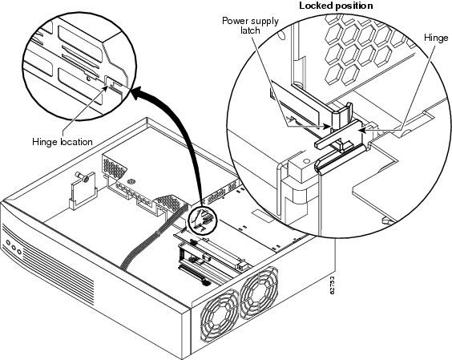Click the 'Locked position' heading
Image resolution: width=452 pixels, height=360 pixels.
(x=336, y=6)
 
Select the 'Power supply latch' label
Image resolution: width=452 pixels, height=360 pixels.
(x=250, y=26)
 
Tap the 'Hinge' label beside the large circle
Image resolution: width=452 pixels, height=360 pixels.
(x=436, y=38)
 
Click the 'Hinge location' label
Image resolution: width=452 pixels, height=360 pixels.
(x=63, y=142)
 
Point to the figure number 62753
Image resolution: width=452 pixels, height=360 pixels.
(x=332, y=285)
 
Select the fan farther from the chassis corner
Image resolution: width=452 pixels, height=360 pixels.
(x=259, y=292)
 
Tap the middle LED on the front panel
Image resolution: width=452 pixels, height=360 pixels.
(x=14, y=247)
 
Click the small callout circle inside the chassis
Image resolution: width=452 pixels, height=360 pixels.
(x=201, y=220)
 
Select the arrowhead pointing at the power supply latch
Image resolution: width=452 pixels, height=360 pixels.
(x=325, y=126)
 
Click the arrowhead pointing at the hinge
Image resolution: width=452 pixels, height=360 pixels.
(x=362, y=130)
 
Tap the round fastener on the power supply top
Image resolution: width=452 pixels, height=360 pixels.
(x=131, y=182)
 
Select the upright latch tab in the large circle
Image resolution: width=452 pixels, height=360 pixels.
(x=341, y=115)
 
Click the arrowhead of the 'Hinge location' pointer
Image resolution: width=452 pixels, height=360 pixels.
(x=106, y=87)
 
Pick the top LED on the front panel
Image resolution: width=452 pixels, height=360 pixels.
(x=8, y=243)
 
